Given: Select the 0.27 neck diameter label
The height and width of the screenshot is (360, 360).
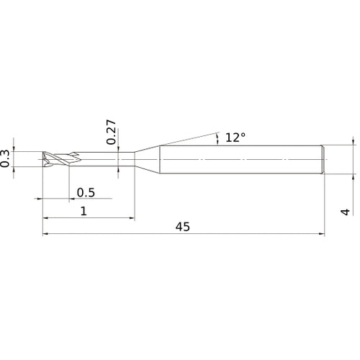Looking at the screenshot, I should pos(110,132).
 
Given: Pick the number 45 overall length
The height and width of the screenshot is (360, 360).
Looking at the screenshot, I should pos(183,226).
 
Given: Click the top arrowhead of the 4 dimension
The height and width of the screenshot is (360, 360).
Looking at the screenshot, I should pos(353,143).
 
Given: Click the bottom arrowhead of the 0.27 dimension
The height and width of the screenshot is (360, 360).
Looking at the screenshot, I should pos(118,168).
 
